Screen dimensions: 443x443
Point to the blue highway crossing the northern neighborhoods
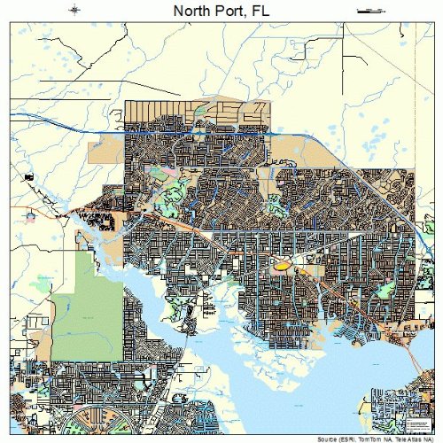pos(204,133)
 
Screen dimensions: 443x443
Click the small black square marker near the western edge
pos(28,178)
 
